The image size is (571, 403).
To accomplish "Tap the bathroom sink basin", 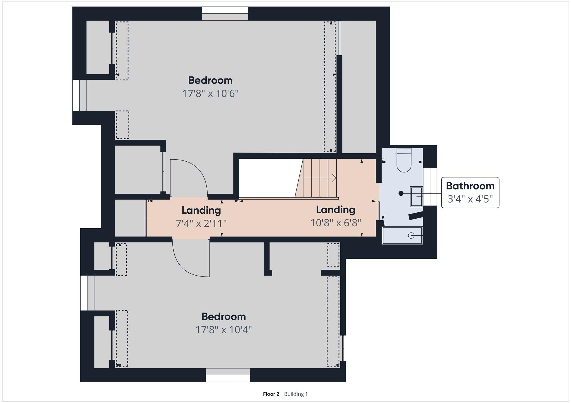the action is tap(416, 196).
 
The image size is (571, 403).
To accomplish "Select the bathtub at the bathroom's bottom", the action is tap(402, 235).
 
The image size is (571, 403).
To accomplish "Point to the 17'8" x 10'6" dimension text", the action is tap(210, 93).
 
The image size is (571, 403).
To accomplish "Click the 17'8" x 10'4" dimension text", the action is tap(224, 330).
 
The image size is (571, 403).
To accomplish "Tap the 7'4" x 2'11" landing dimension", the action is tap(201, 223).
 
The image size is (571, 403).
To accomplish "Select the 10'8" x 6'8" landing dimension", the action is tap(336, 223).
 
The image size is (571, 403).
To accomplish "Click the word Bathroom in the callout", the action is tap(470, 186).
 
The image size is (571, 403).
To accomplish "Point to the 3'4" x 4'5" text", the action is tap(470, 199).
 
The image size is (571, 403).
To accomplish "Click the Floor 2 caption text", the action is tap(271, 394).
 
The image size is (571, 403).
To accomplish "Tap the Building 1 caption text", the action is tap(296, 394).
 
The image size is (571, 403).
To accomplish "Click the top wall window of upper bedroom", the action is tap(225, 14).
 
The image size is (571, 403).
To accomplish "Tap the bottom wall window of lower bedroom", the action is tap(228, 375).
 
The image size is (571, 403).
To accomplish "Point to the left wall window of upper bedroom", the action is tap(79, 95).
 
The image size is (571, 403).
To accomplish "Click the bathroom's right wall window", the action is tap(430, 186).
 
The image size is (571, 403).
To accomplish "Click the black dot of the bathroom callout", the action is tap(401, 194).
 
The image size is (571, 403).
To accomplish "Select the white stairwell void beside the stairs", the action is tap(268, 178).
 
